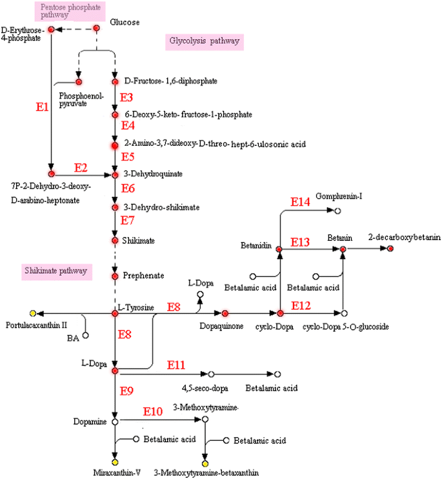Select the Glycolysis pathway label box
click(x=204, y=41)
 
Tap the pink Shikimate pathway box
click(x=55, y=270)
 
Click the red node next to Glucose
click(x=97, y=28)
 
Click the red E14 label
click(x=301, y=202)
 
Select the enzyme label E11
click(x=177, y=365)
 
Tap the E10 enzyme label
click(x=153, y=411)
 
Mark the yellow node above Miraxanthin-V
click(x=115, y=462)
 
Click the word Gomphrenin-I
click(x=339, y=196)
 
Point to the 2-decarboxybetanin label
click(x=405, y=238)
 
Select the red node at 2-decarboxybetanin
click(x=390, y=249)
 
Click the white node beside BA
click(x=85, y=335)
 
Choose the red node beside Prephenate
click(x=115, y=276)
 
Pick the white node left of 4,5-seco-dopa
click(x=211, y=374)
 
